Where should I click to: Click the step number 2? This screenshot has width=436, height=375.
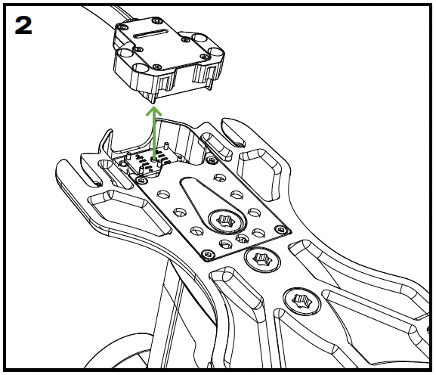pyautogui.click(x=23, y=25)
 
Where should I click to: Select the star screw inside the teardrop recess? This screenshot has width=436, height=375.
pyautogui.click(x=225, y=221)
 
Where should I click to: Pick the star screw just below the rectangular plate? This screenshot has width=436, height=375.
pyautogui.click(x=262, y=259)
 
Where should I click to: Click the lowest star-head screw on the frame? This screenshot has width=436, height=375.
pyautogui.click(x=301, y=301)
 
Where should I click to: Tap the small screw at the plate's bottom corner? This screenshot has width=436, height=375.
pyautogui.click(x=208, y=253)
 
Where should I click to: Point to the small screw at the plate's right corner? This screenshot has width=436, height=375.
pyautogui.click(x=280, y=230)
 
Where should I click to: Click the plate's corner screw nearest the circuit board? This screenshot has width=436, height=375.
pyautogui.click(x=142, y=180)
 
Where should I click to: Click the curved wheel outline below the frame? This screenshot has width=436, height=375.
pyautogui.click(x=117, y=348)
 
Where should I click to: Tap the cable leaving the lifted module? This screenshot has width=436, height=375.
pyautogui.click(x=111, y=17)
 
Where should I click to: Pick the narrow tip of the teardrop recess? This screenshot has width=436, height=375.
pyautogui.click(x=187, y=180)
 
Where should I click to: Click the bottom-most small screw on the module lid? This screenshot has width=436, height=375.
pyautogui.click(x=157, y=67)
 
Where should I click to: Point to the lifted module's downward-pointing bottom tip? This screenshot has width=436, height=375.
pyautogui.click(x=153, y=102)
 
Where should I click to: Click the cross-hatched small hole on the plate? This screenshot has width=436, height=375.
pyautogui.click(x=242, y=238)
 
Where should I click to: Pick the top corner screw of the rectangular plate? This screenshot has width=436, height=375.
pyautogui.click(x=212, y=160)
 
